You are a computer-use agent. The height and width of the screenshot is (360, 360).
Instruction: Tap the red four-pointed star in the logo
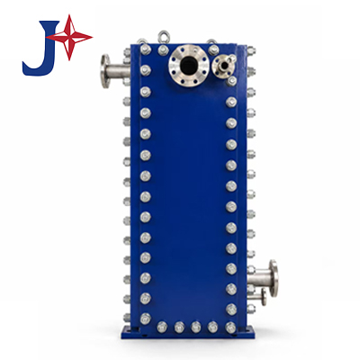coord(69,37)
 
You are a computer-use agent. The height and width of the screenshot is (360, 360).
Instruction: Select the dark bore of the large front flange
coord(188,64)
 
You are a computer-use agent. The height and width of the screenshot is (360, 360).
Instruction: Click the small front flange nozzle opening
coord(223,65)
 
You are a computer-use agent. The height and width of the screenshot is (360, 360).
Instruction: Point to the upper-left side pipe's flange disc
coord(105,71)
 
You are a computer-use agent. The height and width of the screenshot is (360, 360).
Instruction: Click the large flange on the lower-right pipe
coord(274,278)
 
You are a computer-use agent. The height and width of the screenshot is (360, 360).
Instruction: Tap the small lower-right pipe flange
coord(264,297)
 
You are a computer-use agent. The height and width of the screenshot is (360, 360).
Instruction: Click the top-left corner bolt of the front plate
coord(145,49)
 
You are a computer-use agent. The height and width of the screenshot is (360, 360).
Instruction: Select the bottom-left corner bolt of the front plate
coord(145,319)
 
